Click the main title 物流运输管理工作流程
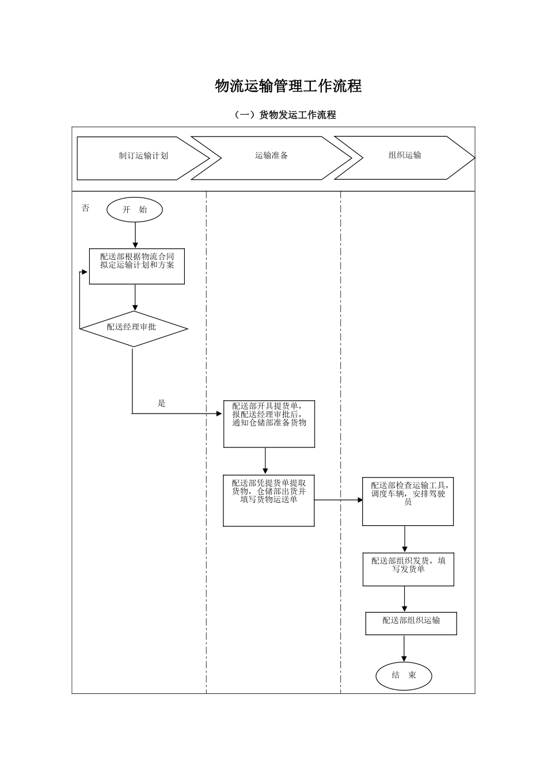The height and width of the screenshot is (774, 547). click(x=288, y=86)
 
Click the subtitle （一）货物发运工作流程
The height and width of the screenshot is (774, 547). click(x=285, y=115)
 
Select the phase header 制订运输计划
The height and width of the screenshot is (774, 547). click(x=143, y=156)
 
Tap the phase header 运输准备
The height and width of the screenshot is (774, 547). click(x=271, y=156)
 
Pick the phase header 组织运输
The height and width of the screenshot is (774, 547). click(x=405, y=155)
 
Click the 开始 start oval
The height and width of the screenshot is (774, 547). click(x=135, y=210)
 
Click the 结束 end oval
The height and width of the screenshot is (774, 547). click(x=404, y=676)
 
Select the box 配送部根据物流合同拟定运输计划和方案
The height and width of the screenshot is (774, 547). click(x=137, y=266)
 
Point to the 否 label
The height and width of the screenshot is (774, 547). click(x=86, y=208)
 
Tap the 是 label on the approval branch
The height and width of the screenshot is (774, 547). click(x=162, y=404)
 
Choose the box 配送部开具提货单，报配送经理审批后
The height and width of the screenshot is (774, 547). click(x=269, y=424)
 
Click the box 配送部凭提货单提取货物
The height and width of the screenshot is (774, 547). click(x=269, y=500)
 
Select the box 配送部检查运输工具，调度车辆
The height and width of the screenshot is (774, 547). click(x=408, y=501)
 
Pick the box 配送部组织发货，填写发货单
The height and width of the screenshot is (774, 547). click(x=408, y=570)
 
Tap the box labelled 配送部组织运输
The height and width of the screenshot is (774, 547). click(x=411, y=624)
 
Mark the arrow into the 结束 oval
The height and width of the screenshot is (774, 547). click(x=404, y=649)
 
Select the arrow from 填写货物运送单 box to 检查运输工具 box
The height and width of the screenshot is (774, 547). click(x=338, y=500)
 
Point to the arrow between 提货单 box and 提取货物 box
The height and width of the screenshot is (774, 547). click(x=265, y=461)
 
